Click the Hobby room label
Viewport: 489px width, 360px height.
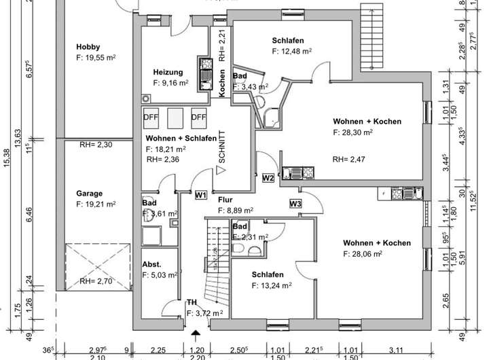click(x=88, y=46)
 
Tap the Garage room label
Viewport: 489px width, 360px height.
click(x=90, y=193)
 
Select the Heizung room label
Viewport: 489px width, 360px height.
click(x=167, y=71)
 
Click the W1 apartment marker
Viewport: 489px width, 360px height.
click(x=200, y=195)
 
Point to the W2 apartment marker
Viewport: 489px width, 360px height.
click(x=268, y=179)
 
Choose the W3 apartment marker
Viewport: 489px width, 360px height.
click(x=295, y=203)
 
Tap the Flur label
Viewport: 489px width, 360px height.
click(x=225, y=200)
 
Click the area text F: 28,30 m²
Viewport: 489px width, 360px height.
click(x=352, y=133)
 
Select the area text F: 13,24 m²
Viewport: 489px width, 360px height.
click(x=271, y=286)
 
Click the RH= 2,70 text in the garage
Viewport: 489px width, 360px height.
click(x=95, y=281)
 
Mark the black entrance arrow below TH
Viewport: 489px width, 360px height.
click(x=196, y=334)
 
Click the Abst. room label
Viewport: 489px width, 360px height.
click(x=151, y=264)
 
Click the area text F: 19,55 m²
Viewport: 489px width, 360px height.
click(x=96, y=58)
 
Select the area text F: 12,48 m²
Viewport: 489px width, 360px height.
click(x=292, y=50)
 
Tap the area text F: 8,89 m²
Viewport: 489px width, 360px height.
click(x=236, y=211)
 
